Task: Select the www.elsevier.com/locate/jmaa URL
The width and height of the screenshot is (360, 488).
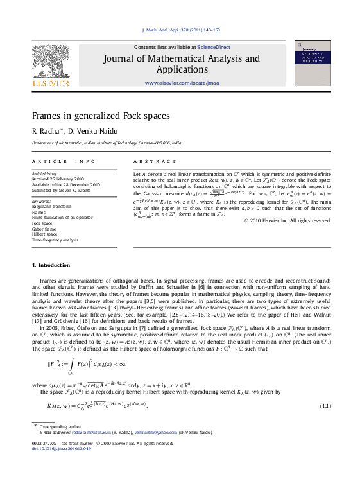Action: (182, 83)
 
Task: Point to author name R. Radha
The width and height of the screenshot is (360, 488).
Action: (46, 131)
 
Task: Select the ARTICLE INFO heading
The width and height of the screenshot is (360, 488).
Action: (64, 162)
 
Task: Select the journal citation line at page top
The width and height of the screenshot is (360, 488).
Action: (180, 30)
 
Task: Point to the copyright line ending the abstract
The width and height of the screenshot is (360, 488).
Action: (287, 220)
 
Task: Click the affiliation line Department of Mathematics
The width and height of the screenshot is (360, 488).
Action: (107, 143)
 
